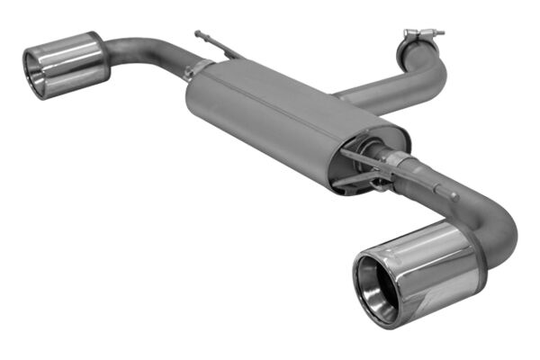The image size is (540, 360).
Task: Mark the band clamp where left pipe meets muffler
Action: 192,69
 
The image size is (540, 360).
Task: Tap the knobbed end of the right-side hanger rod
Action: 455,195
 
